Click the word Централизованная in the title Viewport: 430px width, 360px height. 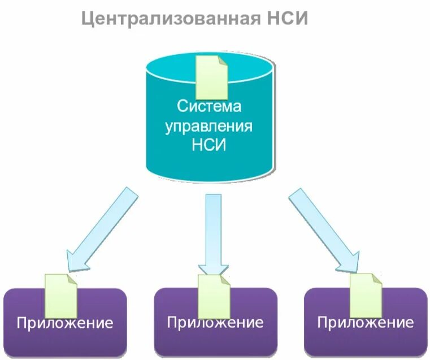pos(172,19)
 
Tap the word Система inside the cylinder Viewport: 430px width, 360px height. pos(209,106)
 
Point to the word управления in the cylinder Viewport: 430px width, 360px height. pos(209,125)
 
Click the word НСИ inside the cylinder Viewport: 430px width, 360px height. pos(209,145)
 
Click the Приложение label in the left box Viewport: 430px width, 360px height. pos(64,324)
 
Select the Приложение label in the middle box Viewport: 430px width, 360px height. pos(215,323)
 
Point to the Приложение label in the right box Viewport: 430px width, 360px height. pos(365,323)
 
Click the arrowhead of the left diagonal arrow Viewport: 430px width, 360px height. pos(76,260)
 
